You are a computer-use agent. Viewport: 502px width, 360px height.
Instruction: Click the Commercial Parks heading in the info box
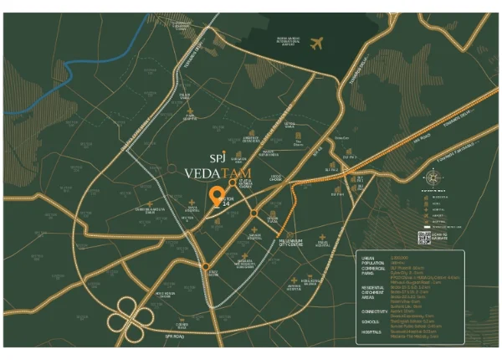pos(372,270)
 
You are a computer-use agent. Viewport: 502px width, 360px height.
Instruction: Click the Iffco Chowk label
pos(277,177)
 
